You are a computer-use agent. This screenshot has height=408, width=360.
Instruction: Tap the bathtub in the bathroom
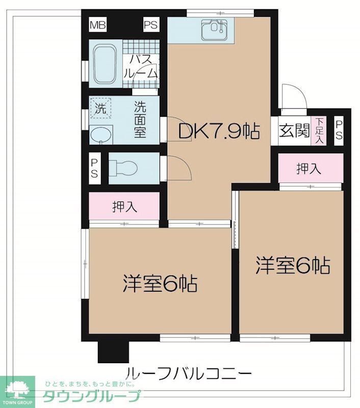pyautogui.click(x=106, y=64)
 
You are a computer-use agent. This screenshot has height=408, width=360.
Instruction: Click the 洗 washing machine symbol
pyautogui.click(x=100, y=108)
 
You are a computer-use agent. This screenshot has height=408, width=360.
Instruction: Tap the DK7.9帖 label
pyautogui.click(x=219, y=132)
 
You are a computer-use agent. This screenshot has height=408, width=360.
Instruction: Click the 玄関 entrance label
pyautogui.click(x=294, y=131)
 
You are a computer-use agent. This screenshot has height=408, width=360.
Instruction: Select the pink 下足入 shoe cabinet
pyautogui.click(x=318, y=131)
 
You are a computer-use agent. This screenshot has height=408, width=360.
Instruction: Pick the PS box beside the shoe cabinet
pyautogui.click(x=339, y=131)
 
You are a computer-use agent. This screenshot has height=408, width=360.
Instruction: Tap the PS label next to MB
pyautogui.click(x=150, y=23)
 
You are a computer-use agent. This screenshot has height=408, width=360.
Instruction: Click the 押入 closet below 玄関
pyautogui.click(x=310, y=168)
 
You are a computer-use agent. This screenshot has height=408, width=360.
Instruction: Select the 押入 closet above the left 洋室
pyautogui.click(x=124, y=207)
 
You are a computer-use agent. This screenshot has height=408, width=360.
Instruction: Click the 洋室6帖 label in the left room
pyautogui.click(x=160, y=283)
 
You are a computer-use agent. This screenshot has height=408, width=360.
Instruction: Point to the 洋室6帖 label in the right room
pyautogui.click(x=292, y=265)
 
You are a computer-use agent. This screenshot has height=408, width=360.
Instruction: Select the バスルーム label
pyautogui.click(x=140, y=66)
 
